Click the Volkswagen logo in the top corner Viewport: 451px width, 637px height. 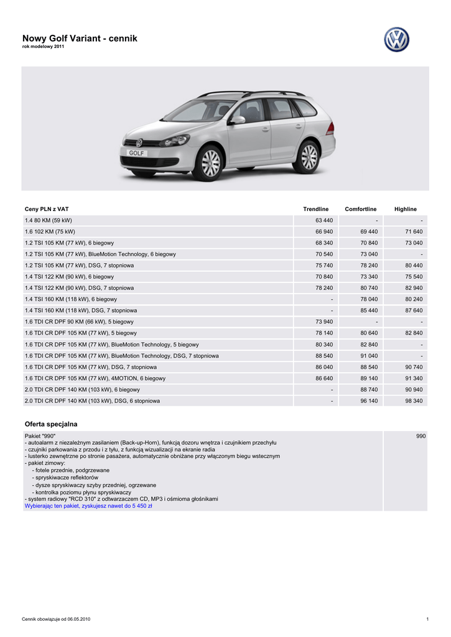click(x=396, y=40)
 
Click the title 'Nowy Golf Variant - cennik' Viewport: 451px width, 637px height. click(x=80, y=39)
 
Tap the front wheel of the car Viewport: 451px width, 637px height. click(x=210, y=162)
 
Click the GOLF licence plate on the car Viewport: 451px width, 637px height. click(x=136, y=152)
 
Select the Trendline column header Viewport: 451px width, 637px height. click(x=315, y=209)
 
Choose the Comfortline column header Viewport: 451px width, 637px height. click(x=361, y=209)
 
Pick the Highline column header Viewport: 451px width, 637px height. click(x=406, y=209)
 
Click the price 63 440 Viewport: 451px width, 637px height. click(x=324, y=220)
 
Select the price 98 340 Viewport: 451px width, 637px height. click(x=414, y=401)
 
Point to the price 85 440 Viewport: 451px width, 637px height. click(x=369, y=310)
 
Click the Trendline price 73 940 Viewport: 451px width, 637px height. click(x=324, y=322)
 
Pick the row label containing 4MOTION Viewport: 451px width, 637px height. click(x=95, y=378)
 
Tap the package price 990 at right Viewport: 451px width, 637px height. click(x=421, y=436)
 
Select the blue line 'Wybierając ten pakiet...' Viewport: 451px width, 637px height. click(x=88, y=506)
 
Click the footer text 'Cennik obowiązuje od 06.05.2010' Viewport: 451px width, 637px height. click(x=56, y=619)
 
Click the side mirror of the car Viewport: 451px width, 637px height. click(x=238, y=119)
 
